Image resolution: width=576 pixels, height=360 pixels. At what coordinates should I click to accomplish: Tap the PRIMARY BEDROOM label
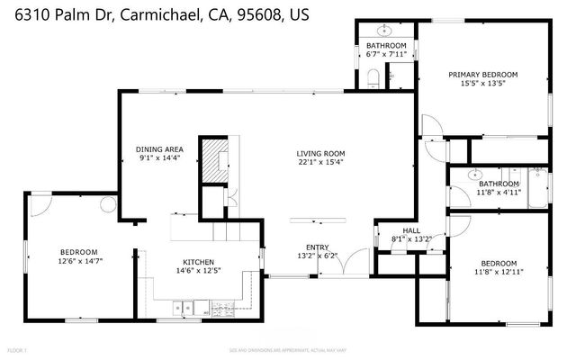click(x=483, y=75)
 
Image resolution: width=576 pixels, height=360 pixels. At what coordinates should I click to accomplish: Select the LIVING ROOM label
click(x=321, y=154)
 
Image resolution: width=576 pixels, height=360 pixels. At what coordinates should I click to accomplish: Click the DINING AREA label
click(x=160, y=149)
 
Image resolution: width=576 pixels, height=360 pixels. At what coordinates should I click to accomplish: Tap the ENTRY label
click(x=317, y=247)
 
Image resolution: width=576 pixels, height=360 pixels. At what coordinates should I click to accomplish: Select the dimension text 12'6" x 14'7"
click(x=79, y=261)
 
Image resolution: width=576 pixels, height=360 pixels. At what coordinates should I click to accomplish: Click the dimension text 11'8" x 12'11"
click(x=498, y=271)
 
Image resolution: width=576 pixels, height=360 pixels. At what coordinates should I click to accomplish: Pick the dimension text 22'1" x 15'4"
click(x=321, y=164)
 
